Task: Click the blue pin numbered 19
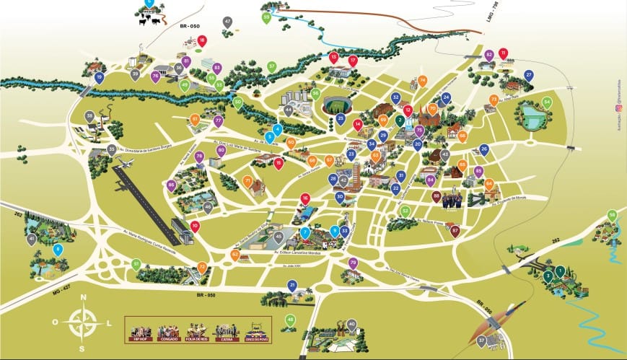pyautogui.click(x=100, y=76)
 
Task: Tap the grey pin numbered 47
pyautogui.click(x=228, y=22)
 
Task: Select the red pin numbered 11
pyautogui.click(x=504, y=53)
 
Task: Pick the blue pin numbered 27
pyautogui.click(x=529, y=75)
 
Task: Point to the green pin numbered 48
pyautogui.click(x=291, y=320)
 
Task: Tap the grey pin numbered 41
pyautogui.click(x=31, y=239)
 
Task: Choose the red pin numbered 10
pyautogui.click(x=195, y=227)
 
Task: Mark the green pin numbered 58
pyautogui.click(x=613, y=215)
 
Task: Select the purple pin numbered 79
pyautogui.click(x=353, y=263)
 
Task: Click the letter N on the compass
pyautogui.click(x=84, y=297)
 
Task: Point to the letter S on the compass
pyautogui.click(x=82, y=348)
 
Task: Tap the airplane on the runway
pyautogui.click(x=126, y=164)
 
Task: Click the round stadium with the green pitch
pyautogui.click(x=335, y=105)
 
